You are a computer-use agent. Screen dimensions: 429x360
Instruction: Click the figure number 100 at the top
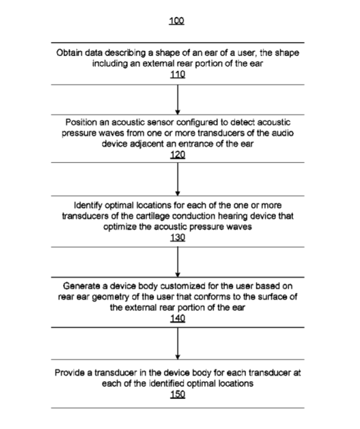tap(177, 20)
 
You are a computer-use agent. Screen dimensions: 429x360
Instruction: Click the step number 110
tap(178, 74)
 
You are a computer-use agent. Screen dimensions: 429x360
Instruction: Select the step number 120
tap(178, 155)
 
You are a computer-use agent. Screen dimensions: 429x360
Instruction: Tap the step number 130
tap(178, 237)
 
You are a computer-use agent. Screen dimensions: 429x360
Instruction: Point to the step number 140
tap(178, 318)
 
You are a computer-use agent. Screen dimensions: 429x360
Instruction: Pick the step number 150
tap(178, 394)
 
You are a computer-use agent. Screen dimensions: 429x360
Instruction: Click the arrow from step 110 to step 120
tap(178, 100)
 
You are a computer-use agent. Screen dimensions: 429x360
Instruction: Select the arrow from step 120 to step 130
tap(178, 179)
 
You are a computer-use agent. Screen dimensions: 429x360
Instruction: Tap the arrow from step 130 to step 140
tap(178, 262)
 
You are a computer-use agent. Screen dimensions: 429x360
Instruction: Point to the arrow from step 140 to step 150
tap(178, 344)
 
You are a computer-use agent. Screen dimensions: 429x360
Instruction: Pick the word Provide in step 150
tap(70, 372)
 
